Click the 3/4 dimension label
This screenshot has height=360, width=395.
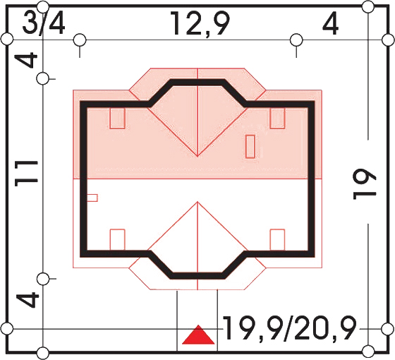click(44, 25)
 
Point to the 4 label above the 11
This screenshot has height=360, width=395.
click(26, 60)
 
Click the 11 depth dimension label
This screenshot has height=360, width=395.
click(26, 174)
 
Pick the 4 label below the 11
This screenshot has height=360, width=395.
click(28, 300)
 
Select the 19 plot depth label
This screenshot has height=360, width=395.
click(365, 184)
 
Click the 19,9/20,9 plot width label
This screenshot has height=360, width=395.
click(290, 329)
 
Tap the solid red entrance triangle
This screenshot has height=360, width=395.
click(198, 335)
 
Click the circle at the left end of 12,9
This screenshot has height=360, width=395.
click(80, 40)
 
